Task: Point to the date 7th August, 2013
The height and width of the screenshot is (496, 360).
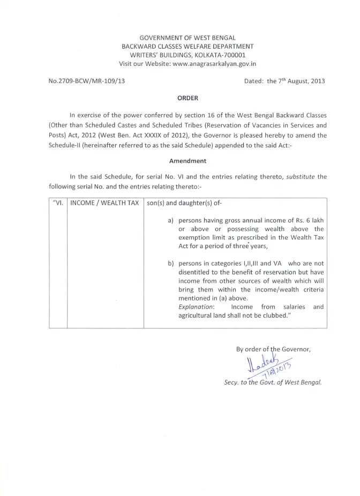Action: click(x=297, y=81)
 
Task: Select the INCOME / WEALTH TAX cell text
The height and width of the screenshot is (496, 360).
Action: click(x=105, y=204)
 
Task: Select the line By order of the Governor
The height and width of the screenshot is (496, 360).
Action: click(x=273, y=349)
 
